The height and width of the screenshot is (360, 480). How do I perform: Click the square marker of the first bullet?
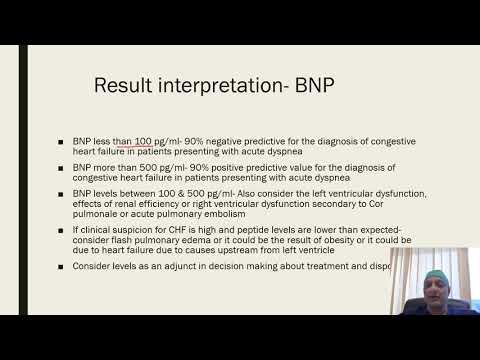(62, 142)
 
